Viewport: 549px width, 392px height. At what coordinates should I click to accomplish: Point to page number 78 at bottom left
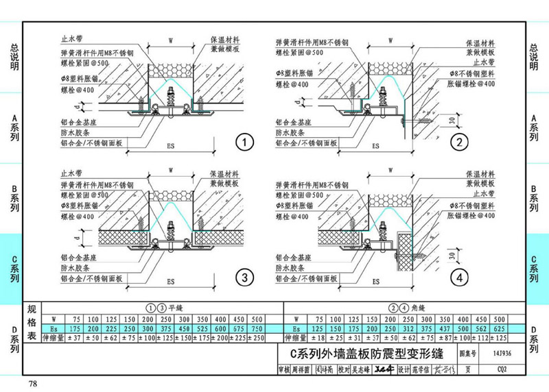point(33,382)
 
